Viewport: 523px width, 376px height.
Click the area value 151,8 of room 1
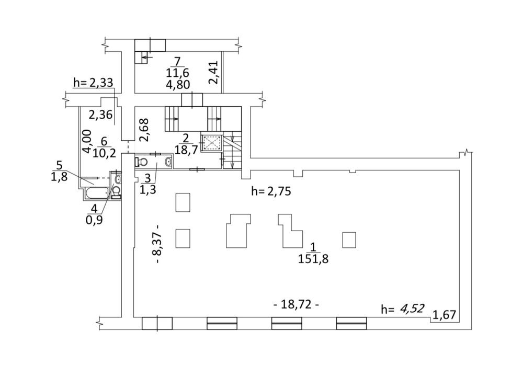pos(313,258)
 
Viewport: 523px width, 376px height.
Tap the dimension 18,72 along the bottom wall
pos(296,304)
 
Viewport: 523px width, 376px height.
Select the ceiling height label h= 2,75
pos(271,191)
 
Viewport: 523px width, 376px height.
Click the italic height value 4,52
pos(413,309)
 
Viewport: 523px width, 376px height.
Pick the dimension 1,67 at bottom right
pos(444,315)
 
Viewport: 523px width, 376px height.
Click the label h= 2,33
pos(93,82)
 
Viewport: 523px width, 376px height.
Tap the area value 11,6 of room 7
pos(177,73)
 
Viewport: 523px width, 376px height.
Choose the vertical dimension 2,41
pos(213,72)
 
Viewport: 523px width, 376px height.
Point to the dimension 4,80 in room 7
pos(178,84)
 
